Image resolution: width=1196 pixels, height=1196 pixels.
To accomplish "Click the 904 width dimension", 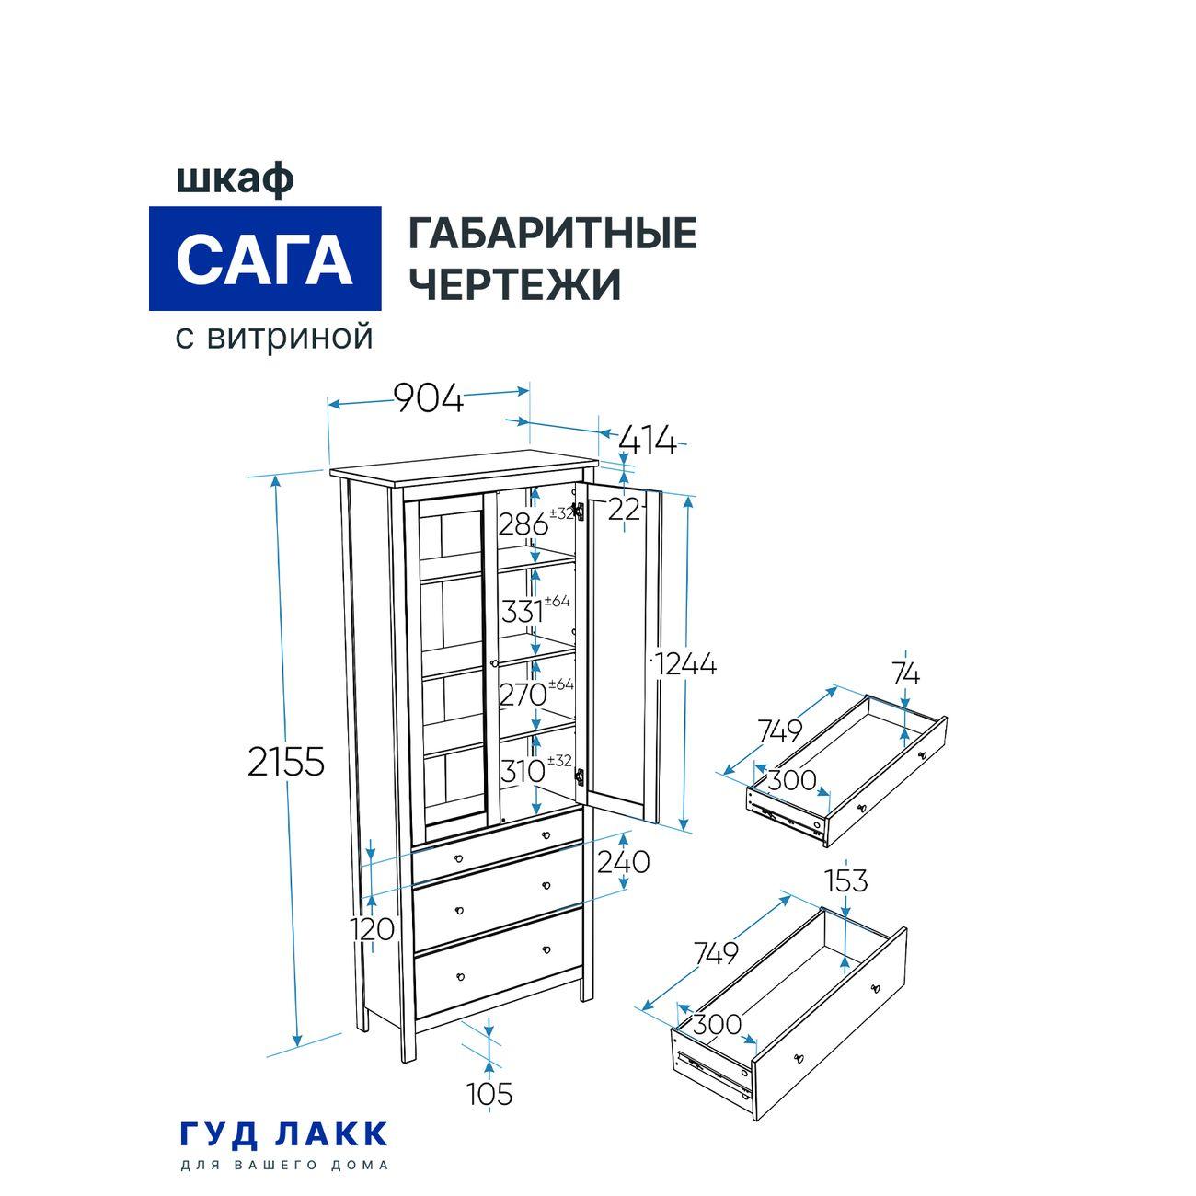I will (x=429, y=399).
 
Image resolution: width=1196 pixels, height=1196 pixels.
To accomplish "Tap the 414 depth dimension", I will (x=648, y=442).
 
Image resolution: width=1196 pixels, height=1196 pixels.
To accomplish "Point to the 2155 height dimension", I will (x=287, y=762).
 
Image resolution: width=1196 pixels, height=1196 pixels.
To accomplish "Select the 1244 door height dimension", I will (x=686, y=663).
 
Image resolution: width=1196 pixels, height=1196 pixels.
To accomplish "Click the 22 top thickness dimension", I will (x=625, y=509).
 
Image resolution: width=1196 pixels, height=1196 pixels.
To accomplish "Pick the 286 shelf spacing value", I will (x=523, y=524).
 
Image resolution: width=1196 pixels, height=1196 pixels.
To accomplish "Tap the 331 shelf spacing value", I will (x=523, y=610).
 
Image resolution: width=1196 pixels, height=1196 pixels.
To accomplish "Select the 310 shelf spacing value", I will (x=523, y=771).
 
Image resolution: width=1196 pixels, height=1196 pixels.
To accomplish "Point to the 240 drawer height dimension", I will (x=624, y=862).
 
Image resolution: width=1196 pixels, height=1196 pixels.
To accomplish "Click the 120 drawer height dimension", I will (x=373, y=929).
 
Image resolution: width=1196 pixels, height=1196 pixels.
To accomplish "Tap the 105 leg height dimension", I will (x=489, y=1095).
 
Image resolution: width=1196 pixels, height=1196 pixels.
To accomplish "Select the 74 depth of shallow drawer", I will (x=905, y=674).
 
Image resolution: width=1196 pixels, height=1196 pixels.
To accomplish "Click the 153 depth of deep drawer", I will (x=845, y=880).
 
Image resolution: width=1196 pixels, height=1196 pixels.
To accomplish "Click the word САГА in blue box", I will (x=265, y=259).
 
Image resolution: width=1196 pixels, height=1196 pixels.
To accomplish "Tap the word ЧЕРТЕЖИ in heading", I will (x=514, y=284).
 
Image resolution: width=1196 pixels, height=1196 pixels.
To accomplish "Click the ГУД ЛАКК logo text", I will (x=284, y=1133).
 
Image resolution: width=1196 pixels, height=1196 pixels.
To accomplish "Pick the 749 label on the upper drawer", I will (x=780, y=730).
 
